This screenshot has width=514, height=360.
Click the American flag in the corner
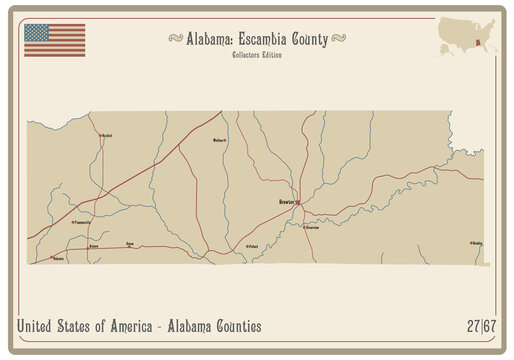[55, 39]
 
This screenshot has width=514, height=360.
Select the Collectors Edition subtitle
[257, 54]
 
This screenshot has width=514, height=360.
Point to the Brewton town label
[282, 202]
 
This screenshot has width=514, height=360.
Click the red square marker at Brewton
[297, 202]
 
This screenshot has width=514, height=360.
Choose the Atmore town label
[94, 244]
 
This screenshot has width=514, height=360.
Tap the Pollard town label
[253, 244]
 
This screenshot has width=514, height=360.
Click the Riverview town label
[311, 228]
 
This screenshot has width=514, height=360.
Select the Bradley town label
[477, 243]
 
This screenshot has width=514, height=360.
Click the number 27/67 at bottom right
[480, 326]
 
